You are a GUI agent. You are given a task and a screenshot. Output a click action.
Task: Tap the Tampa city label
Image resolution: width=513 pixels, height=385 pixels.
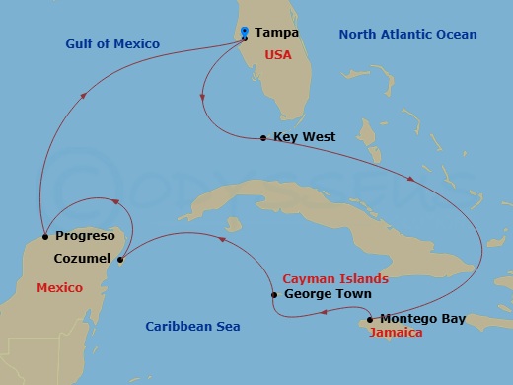pos(276,33)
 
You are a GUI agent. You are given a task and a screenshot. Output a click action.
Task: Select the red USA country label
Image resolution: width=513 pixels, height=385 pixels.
pos(277,55)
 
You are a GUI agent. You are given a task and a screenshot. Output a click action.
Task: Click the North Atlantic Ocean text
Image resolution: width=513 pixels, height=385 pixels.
pos(407,35)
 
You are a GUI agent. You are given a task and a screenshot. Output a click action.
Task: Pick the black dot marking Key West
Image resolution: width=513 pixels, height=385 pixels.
pos(262,138)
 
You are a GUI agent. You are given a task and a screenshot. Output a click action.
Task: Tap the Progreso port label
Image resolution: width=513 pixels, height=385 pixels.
pos(86,236)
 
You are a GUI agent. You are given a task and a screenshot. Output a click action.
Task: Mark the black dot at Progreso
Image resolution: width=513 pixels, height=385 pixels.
pos(45,236)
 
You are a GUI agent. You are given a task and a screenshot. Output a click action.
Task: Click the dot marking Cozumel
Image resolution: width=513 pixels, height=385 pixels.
pos(120,260)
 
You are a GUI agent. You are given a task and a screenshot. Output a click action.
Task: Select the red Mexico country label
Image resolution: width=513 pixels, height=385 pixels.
pos(59,287)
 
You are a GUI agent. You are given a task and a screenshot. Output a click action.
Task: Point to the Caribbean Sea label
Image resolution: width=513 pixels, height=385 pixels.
pos(192,326)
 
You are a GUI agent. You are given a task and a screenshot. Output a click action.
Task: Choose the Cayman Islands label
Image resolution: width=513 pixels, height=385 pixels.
pos(335,279)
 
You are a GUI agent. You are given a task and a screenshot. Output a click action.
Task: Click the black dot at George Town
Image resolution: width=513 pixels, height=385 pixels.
pos(273,294)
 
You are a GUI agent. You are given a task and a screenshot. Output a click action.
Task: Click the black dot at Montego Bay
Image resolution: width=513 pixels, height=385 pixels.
pos(369,319)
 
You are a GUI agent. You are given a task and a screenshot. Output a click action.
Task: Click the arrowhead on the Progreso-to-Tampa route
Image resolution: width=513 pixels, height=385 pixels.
pos(86,94)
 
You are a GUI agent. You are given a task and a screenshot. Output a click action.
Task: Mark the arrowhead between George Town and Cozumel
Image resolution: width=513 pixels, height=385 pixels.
pos(222,239)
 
